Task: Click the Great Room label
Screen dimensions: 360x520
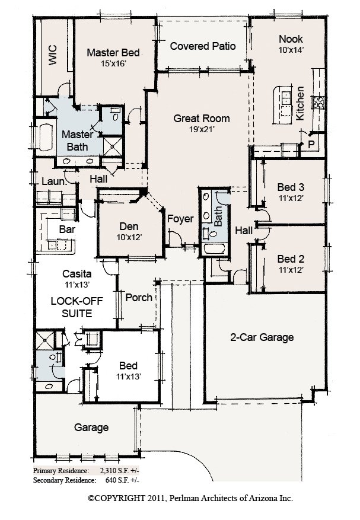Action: [x=202, y=119]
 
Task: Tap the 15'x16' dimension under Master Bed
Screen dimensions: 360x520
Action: [x=113, y=63]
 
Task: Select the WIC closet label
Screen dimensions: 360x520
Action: [x=53, y=55]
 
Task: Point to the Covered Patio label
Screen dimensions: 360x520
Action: [x=203, y=46]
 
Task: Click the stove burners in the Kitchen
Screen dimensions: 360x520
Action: [x=318, y=102]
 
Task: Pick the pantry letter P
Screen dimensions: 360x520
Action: [x=311, y=145]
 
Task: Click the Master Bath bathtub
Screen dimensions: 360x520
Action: [x=46, y=137]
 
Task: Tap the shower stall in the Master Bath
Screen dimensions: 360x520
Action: [x=113, y=146]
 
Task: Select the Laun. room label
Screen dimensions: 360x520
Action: [x=55, y=181]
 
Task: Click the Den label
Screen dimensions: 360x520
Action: [x=129, y=226]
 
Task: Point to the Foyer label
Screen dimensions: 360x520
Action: [x=180, y=219]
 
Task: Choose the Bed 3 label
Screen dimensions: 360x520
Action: [x=291, y=187]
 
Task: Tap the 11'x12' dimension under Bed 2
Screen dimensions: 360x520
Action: [x=291, y=270]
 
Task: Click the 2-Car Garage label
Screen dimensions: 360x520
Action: [x=262, y=337]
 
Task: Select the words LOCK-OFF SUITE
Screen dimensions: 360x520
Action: [x=77, y=307]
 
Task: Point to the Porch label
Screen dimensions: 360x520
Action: [x=139, y=298]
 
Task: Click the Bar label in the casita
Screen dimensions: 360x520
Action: [x=67, y=229]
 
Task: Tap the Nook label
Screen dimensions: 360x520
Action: [x=291, y=39]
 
